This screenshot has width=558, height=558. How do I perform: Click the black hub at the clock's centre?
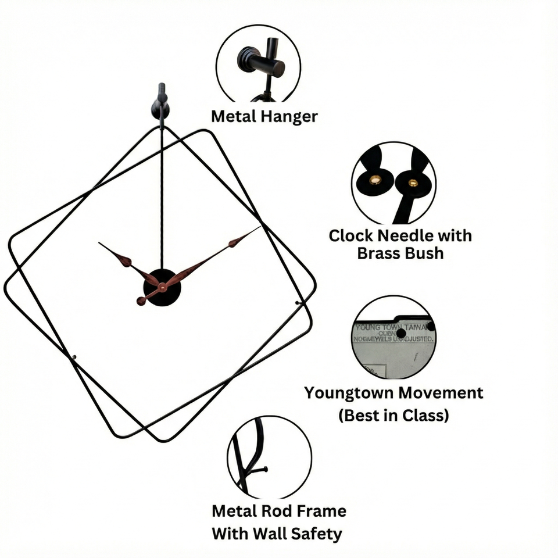pos(162,288)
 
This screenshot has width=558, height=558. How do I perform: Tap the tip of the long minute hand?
pos(259,227)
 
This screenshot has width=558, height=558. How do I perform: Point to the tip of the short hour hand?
pos(99,243)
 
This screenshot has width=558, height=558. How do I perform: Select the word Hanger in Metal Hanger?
pos(289,116)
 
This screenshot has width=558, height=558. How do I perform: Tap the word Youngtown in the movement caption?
pos(349,393)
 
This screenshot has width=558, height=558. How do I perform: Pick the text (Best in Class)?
pos(393,416)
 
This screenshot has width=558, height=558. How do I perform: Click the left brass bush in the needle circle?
pos(375,180)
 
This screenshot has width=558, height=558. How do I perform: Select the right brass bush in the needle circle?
pos(413,183)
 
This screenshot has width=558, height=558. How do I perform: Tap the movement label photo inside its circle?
pos(394,343)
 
